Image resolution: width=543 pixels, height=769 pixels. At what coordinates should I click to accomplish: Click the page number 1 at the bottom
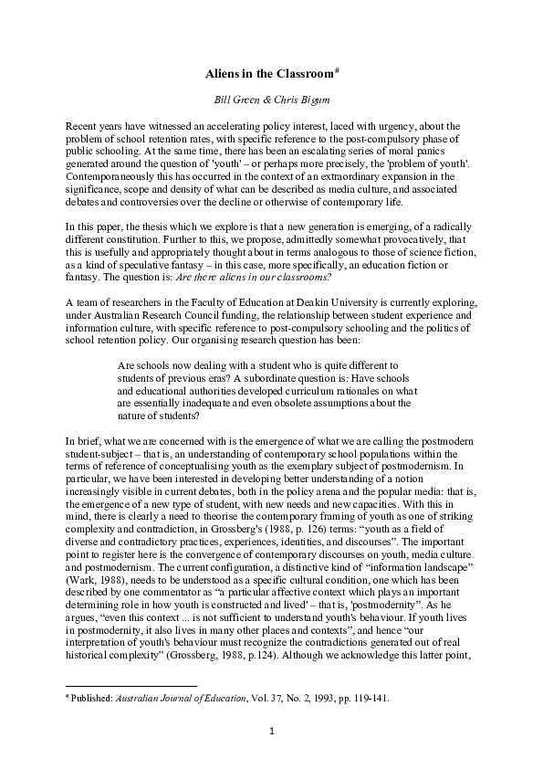point(271,732)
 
